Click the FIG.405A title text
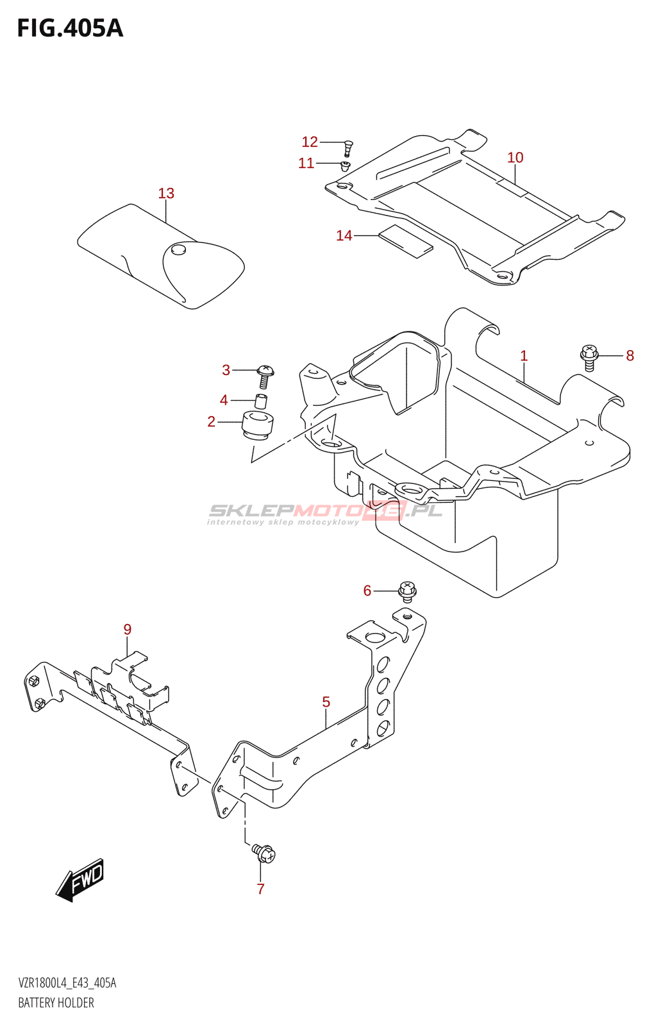click(x=70, y=29)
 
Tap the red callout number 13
click(x=166, y=193)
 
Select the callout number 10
click(x=515, y=157)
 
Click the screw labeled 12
click(x=348, y=147)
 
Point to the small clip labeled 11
click(x=345, y=167)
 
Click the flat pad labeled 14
click(x=405, y=240)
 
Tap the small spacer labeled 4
click(x=261, y=401)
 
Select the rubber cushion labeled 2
click(x=258, y=426)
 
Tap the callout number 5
click(x=326, y=702)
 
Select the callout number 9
click(x=128, y=629)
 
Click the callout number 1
click(x=524, y=355)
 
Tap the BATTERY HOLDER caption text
click(x=56, y=1003)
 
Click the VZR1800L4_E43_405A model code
click(x=67, y=983)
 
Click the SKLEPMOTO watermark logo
click(x=325, y=512)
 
